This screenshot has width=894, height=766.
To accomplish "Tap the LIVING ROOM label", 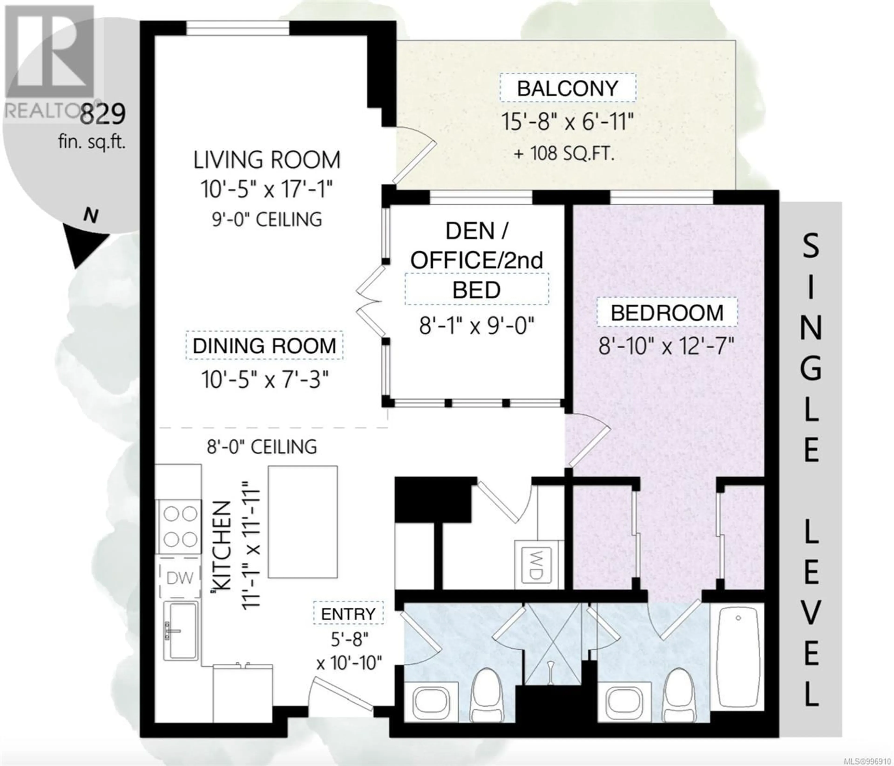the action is tap(267, 160).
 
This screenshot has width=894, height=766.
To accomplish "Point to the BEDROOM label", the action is tap(667, 313).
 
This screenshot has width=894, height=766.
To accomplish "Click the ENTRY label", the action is tap(348, 614).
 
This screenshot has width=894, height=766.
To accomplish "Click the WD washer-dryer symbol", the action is tap(536, 565).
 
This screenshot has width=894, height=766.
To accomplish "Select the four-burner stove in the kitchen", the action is tap(179, 527).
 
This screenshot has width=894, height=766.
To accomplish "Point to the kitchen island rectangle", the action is tap(303, 522).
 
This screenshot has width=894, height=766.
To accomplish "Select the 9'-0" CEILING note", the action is tap(267, 219).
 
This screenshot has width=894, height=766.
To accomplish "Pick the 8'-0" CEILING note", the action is tap(262, 447).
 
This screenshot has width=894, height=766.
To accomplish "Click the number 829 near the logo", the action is tap(104, 114).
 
